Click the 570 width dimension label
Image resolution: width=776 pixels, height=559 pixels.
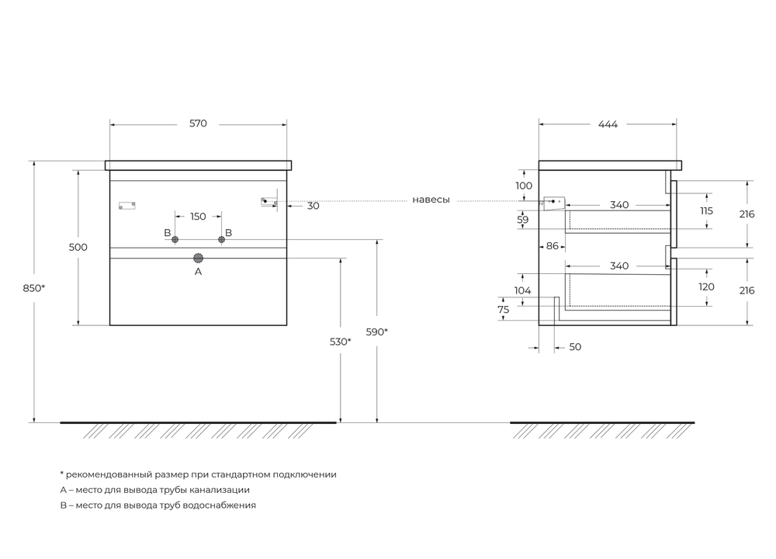(198, 124)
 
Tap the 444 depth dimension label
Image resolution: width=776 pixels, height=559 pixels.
(608, 124)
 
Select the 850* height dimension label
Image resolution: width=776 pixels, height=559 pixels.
(35, 288)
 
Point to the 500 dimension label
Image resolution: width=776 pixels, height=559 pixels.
(78, 247)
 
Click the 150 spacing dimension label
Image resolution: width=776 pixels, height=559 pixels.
(198, 217)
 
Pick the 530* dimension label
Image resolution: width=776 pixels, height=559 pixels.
(340, 342)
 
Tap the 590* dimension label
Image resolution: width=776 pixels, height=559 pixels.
(376, 332)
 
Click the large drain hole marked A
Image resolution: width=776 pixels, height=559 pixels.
(198, 258)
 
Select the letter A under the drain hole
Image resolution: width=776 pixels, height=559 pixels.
(198, 272)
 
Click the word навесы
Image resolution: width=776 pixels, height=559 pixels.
(431, 200)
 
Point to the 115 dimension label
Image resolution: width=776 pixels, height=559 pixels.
(707, 211)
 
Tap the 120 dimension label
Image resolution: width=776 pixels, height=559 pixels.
(707, 286)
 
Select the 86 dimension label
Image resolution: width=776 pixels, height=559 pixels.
(553, 246)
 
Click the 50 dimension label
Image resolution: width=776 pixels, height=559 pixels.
(575, 347)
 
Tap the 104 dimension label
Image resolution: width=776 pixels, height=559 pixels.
(523, 290)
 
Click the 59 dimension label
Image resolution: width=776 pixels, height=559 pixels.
(523, 220)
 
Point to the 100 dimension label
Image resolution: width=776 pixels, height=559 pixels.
(525, 186)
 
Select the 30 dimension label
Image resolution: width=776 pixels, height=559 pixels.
(313, 206)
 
